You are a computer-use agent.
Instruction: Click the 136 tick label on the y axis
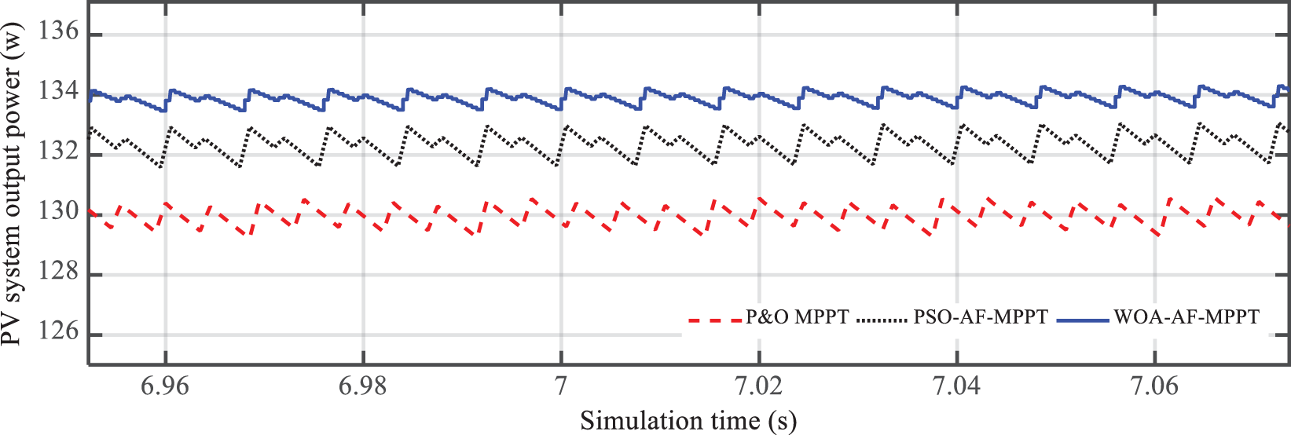(x=59, y=32)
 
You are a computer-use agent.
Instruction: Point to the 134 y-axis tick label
(x=59, y=92)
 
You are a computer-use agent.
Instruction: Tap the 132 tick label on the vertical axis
(x=59, y=152)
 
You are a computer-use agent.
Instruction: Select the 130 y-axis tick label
(x=59, y=212)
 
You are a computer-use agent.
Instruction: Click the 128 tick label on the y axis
(x=59, y=272)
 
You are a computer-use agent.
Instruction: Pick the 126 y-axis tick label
(x=59, y=331)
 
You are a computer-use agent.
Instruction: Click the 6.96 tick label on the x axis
(x=165, y=386)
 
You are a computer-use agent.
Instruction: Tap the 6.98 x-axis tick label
(x=363, y=386)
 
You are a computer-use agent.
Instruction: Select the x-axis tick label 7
(x=561, y=386)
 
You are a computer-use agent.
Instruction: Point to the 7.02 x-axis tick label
(x=759, y=386)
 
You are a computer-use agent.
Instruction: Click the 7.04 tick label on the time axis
(x=956, y=386)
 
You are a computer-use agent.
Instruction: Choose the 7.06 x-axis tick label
(x=1154, y=386)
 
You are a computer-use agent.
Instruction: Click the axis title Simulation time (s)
(x=688, y=421)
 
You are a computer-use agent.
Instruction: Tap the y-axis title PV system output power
(x=13, y=192)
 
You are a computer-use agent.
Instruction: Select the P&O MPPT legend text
(x=798, y=317)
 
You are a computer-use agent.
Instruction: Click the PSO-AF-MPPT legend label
(x=980, y=317)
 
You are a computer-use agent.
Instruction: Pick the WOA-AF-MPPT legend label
(x=1186, y=317)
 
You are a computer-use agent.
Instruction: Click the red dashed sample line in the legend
(x=714, y=320)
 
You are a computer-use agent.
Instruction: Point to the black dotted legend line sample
(x=882, y=320)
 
